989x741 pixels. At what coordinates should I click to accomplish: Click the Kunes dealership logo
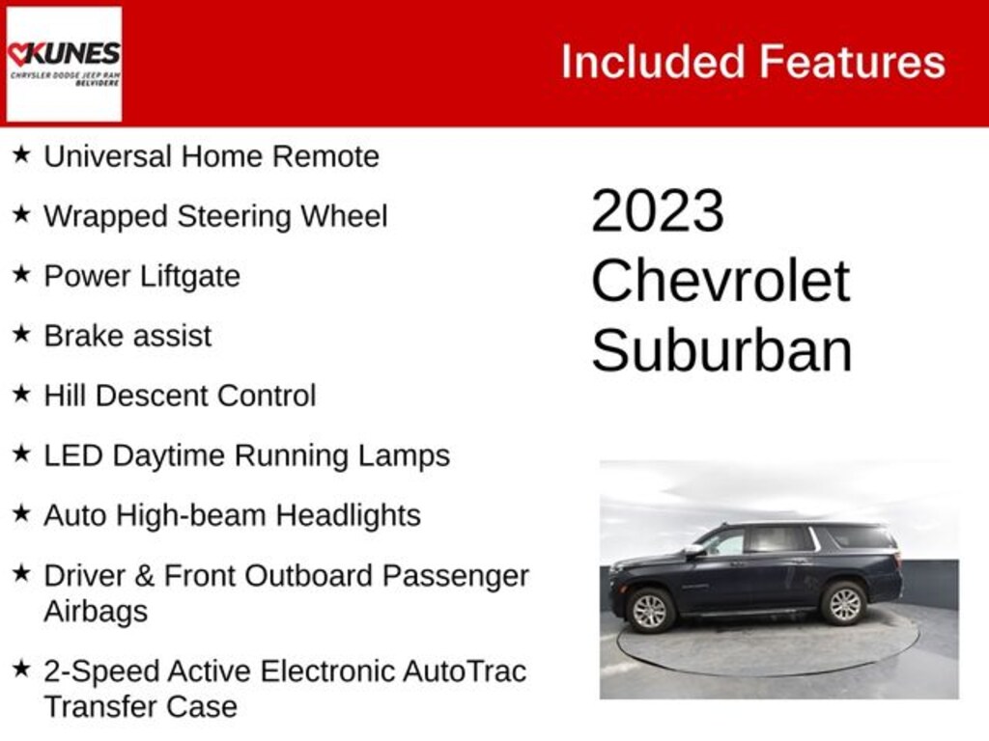point(64,64)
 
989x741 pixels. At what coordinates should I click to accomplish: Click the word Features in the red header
point(852,62)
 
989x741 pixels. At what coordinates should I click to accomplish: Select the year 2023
point(657,210)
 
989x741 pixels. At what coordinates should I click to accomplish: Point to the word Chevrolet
point(721,281)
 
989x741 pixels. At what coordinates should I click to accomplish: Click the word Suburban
point(721,350)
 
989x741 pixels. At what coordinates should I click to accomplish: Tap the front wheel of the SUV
point(650,610)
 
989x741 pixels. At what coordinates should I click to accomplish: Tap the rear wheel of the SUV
point(843,603)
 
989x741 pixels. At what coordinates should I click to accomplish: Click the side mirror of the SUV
point(694,550)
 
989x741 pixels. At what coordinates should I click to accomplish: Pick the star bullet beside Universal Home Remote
point(21,153)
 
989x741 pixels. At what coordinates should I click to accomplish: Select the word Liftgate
point(190,277)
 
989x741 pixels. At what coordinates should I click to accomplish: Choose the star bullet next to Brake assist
point(21,333)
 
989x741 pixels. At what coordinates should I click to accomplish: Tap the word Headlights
point(348,516)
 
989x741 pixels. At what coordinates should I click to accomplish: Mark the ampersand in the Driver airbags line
point(145,576)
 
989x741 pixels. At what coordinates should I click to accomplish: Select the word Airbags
point(96,612)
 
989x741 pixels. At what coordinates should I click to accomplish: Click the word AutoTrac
point(465,672)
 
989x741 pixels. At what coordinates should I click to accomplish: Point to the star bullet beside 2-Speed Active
point(21,669)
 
